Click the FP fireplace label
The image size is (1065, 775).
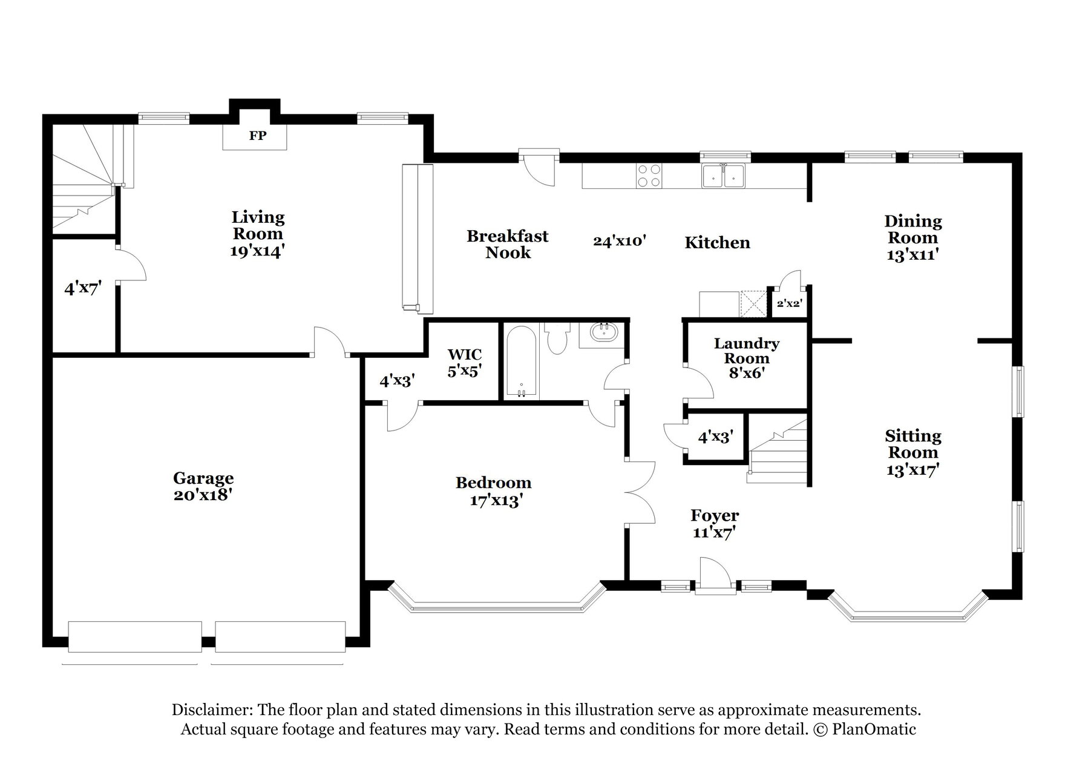pyautogui.click(x=258, y=136)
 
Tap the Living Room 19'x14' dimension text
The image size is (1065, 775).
pyautogui.click(x=257, y=251)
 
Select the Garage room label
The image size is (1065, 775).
pyautogui.click(x=203, y=478)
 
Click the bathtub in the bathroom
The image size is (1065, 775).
pyautogui.click(x=521, y=362)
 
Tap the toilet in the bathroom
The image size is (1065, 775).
pyautogui.click(x=556, y=340)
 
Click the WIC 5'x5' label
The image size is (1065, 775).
pyautogui.click(x=465, y=362)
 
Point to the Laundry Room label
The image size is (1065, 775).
pyautogui.click(x=747, y=351)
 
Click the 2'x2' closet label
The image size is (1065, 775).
pyautogui.click(x=789, y=303)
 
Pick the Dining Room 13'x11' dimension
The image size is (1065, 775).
pyautogui.click(x=913, y=255)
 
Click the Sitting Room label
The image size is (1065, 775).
pyautogui.click(x=913, y=444)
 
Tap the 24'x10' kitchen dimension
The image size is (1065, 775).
pyautogui.click(x=620, y=241)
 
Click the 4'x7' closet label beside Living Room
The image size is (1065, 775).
pyautogui.click(x=82, y=288)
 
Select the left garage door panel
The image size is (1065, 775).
pyautogui.click(x=135, y=636)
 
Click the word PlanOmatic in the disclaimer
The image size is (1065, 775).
pyautogui.click(x=874, y=730)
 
